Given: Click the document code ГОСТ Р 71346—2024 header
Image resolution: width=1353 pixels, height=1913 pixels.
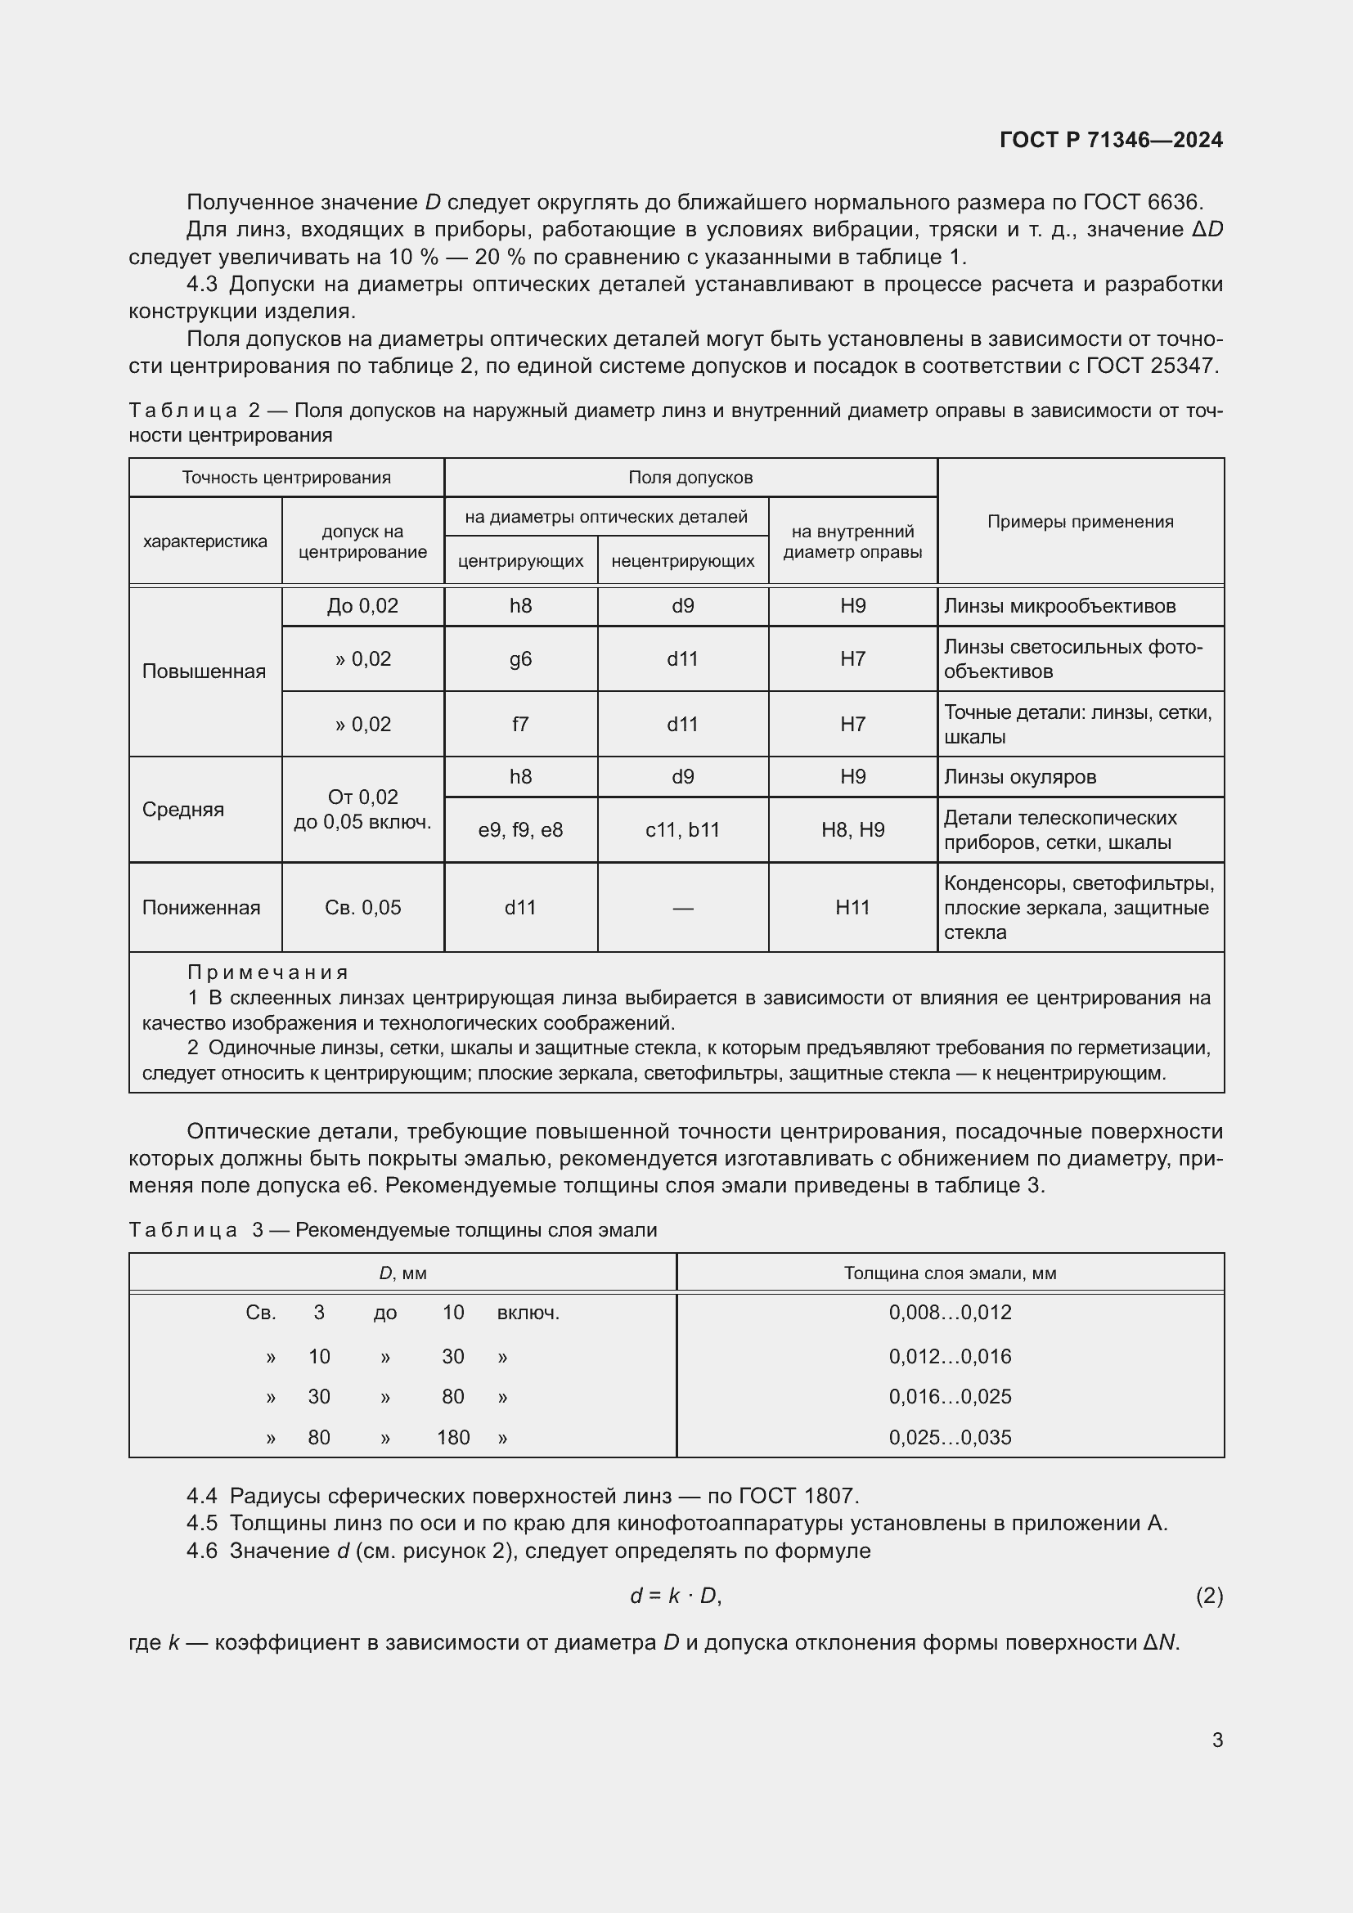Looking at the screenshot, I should coord(1111,140).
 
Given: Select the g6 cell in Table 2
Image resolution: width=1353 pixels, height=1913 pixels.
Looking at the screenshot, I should coord(520,659).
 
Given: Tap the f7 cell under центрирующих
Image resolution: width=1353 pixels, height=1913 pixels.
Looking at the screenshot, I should coord(520,724).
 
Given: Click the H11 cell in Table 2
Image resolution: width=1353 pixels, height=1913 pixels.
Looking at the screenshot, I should coord(852,907).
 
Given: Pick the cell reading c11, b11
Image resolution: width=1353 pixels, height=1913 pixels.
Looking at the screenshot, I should coord(682,830).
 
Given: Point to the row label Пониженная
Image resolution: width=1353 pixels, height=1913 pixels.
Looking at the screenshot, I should coord(200,907).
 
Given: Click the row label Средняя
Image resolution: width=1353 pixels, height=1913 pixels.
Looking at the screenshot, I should coord(182,809).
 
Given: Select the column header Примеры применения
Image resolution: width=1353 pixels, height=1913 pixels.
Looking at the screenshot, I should coord(1080,522).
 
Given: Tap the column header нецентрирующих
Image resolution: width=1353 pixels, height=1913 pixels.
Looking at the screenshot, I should coord(682,561).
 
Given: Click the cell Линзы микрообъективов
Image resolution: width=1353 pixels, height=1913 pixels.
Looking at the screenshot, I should coord(1059,606).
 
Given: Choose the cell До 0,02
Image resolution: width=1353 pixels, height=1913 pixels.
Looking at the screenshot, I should coord(362,606).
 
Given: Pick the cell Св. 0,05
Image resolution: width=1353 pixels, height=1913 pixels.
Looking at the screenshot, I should coord(362,907).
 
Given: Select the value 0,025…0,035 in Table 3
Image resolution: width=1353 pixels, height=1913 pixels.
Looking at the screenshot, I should coord(950,1437).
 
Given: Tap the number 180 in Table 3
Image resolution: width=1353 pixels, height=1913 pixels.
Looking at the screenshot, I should coord(453,1437).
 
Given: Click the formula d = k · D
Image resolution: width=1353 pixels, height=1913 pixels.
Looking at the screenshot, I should coord(675,1596).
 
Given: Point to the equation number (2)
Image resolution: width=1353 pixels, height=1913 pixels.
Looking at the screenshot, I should coord(1209,1596).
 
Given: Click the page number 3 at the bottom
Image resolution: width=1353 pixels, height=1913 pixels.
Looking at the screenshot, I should coord(1217,1740).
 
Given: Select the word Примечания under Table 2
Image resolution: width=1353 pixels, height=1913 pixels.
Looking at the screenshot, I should coord(267,972).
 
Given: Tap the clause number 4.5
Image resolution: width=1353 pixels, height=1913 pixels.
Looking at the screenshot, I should coord(201,1523).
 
